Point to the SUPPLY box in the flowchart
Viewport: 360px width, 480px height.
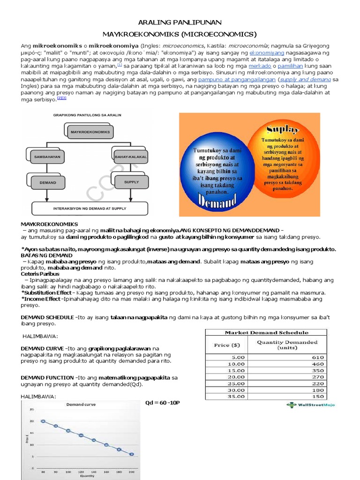coord(131,181)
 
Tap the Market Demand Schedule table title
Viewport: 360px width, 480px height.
coord(266,332)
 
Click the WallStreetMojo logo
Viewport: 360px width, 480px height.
coord(311,405)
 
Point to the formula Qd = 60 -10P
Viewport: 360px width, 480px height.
coord(163,403)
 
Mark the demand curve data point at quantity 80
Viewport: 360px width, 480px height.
coord(43,421)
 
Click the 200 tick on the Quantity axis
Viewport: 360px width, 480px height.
coord(131,472)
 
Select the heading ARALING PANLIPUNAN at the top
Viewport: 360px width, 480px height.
coord(180,22)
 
